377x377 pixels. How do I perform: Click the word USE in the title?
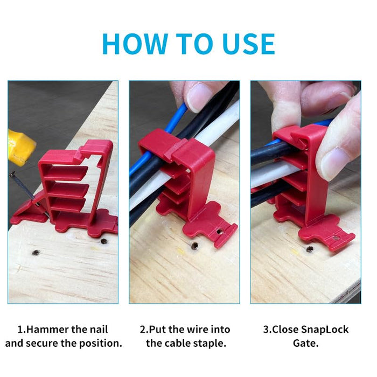coord(248,44)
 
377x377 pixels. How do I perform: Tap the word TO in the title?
coord(195,44)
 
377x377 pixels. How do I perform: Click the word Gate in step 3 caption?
coord(305,343)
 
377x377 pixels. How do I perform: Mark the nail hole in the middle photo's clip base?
coord(219,232)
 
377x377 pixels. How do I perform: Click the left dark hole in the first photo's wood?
coord(36,252)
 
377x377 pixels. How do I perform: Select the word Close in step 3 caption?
coord(285,330)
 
